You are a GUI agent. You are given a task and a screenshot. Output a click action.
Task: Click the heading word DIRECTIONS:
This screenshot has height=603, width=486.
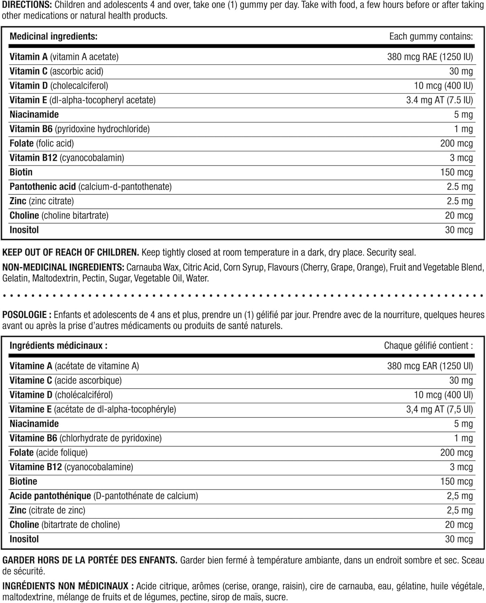26,5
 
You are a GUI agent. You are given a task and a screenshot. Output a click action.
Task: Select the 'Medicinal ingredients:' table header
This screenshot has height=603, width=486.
54,37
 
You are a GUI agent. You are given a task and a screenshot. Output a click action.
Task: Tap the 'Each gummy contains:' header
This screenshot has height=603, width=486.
431,37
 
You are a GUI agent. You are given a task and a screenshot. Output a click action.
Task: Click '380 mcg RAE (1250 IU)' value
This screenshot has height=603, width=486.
430,57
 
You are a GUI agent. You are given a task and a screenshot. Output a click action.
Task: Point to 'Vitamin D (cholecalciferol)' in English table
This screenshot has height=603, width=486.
59,86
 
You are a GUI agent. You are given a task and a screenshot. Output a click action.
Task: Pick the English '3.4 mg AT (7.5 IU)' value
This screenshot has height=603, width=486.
439,100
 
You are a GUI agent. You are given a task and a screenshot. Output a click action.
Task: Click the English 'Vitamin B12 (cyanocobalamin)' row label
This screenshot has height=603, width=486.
67,158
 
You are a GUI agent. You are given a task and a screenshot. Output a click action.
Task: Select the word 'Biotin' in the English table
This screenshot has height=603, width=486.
21,172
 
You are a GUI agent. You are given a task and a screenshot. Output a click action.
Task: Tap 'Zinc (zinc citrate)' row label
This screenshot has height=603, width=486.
42,201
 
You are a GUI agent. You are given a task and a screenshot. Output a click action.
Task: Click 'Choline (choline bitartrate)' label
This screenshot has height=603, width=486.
59,216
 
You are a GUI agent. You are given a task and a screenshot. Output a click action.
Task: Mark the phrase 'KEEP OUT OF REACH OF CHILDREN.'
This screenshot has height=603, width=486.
71,253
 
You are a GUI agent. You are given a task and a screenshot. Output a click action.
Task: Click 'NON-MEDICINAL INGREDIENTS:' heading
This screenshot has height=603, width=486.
63,267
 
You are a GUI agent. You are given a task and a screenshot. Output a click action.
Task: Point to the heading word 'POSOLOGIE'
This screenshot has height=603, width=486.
25,315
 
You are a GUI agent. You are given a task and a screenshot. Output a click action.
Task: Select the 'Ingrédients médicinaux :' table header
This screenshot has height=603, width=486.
58,346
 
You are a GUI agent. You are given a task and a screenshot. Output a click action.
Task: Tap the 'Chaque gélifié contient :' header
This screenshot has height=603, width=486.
428,346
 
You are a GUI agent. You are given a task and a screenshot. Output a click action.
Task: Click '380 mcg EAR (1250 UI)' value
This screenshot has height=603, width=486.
430,366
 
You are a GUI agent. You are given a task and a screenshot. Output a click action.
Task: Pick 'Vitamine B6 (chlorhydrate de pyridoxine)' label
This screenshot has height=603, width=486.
86,438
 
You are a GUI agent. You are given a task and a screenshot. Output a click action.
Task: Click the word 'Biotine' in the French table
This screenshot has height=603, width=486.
23,482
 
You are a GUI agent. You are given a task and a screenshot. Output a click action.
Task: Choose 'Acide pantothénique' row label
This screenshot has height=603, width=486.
50,496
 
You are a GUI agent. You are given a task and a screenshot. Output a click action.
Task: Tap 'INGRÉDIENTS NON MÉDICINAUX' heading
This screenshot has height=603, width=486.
65,587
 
